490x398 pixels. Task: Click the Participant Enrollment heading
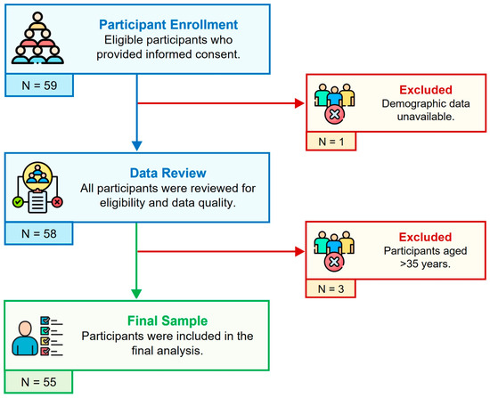point(168,25)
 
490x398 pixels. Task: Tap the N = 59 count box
point(39,85)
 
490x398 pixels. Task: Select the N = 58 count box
point(39,233)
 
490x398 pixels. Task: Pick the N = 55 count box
point(38,382)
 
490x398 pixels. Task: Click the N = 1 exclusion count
point(331,142)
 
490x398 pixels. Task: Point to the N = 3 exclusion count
point(331,288)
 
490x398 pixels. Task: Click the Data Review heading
point(168,173)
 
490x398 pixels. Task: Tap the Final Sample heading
point(167,321)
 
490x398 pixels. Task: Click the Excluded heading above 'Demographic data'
point(426,90)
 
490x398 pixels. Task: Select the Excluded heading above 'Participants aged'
point(425,237)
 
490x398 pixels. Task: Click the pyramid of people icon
point(37,38)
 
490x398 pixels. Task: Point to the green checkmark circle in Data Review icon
point(18,202)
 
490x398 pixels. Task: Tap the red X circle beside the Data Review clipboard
point(57,202)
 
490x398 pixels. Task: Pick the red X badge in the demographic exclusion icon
point(334,114)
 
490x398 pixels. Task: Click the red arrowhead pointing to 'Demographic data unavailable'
point(299,103)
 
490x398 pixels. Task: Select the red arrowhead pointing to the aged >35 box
point(299,251)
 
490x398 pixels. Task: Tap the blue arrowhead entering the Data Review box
point(137,146)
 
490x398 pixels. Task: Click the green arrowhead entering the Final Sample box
point(136,295)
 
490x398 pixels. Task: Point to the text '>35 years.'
point(425,264)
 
